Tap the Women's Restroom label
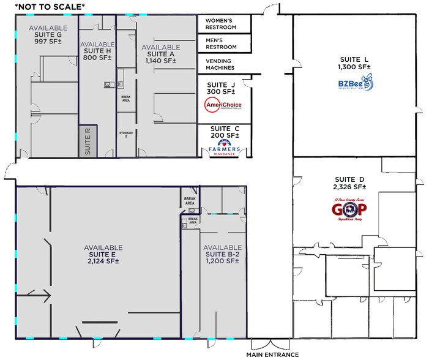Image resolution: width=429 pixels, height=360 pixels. [224, 24]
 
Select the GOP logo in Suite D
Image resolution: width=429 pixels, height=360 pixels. [353, 210]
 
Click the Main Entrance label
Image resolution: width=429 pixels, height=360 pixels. [272, 354]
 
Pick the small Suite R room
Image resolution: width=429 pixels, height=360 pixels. [88, 141]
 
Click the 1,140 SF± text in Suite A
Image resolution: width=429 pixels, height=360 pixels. [161, 61]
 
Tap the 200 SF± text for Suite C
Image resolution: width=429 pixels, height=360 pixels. [224, 137]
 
